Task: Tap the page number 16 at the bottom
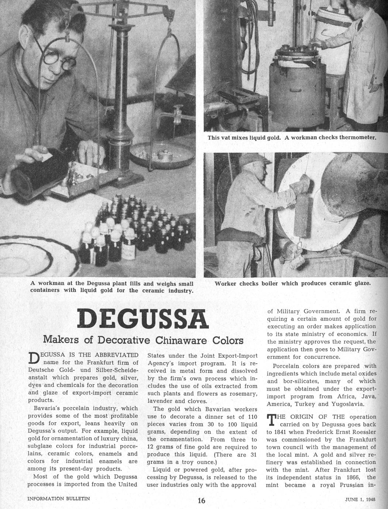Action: pyautogui.click(x=201, y=500)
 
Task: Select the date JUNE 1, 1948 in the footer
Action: pyautogui.click(x=360, y=499)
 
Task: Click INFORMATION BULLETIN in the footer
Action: pyautogui.click(x=59, y=498)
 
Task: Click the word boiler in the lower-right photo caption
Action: pyautogui.click(x=270, y=284)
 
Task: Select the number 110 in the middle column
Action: pyautogui.click(x=251, y=416)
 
